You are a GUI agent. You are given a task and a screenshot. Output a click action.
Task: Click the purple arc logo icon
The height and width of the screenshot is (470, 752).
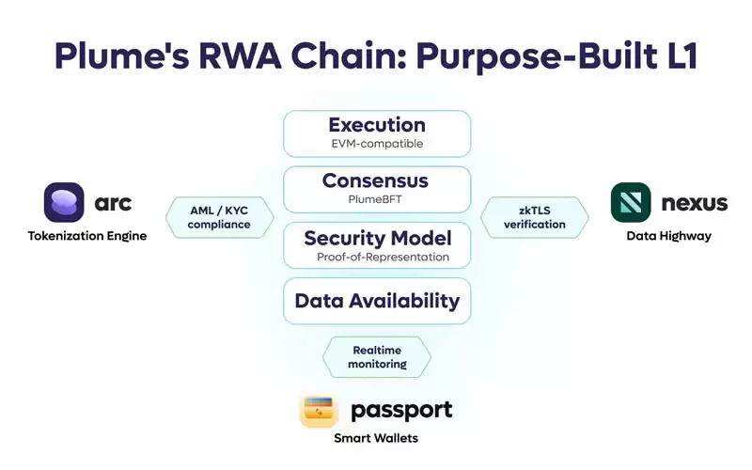(x=64, y=202)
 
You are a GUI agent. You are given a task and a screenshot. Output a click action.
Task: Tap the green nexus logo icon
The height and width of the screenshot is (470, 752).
(x=631, y=202)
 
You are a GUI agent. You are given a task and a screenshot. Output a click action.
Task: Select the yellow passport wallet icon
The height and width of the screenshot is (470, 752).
(x=319, y=410)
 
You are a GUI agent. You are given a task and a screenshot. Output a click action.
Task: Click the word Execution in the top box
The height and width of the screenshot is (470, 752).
(x=376, y=125)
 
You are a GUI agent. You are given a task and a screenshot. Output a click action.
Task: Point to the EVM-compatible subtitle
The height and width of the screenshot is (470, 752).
(x=376, y=144)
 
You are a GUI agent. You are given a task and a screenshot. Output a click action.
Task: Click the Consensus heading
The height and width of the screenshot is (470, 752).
(x=376, y=180)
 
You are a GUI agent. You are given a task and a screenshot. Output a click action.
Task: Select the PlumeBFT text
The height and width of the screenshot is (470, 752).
(x=376, y=199)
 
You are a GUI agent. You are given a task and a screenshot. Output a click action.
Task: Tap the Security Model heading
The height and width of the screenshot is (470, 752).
(x=376, y=237)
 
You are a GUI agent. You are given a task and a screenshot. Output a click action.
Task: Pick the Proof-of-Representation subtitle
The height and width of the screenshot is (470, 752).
(x=376, y=257)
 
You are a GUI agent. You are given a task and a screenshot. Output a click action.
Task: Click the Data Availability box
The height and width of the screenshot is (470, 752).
(x=376, y=301)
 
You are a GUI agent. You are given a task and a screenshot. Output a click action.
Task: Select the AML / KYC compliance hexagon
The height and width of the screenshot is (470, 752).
(x=220, y=217)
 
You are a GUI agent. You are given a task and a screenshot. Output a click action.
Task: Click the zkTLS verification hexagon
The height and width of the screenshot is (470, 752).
(x=534, y=217)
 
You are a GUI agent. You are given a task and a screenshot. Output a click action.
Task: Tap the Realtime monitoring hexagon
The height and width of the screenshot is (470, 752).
(x=377, y=356)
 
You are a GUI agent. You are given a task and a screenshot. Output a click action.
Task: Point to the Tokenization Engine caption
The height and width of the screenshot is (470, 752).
(x=86, y=236)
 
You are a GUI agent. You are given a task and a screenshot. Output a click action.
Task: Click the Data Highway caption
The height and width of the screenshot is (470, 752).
(x=668, y=236)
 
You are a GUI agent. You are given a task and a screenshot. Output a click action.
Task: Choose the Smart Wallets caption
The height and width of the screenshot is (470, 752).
(x=376, y=438)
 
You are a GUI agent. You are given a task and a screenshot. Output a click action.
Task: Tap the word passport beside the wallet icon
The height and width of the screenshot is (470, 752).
(x=401, y=410)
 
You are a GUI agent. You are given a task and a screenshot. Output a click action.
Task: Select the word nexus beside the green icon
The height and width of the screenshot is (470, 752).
(x=694, y=202)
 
